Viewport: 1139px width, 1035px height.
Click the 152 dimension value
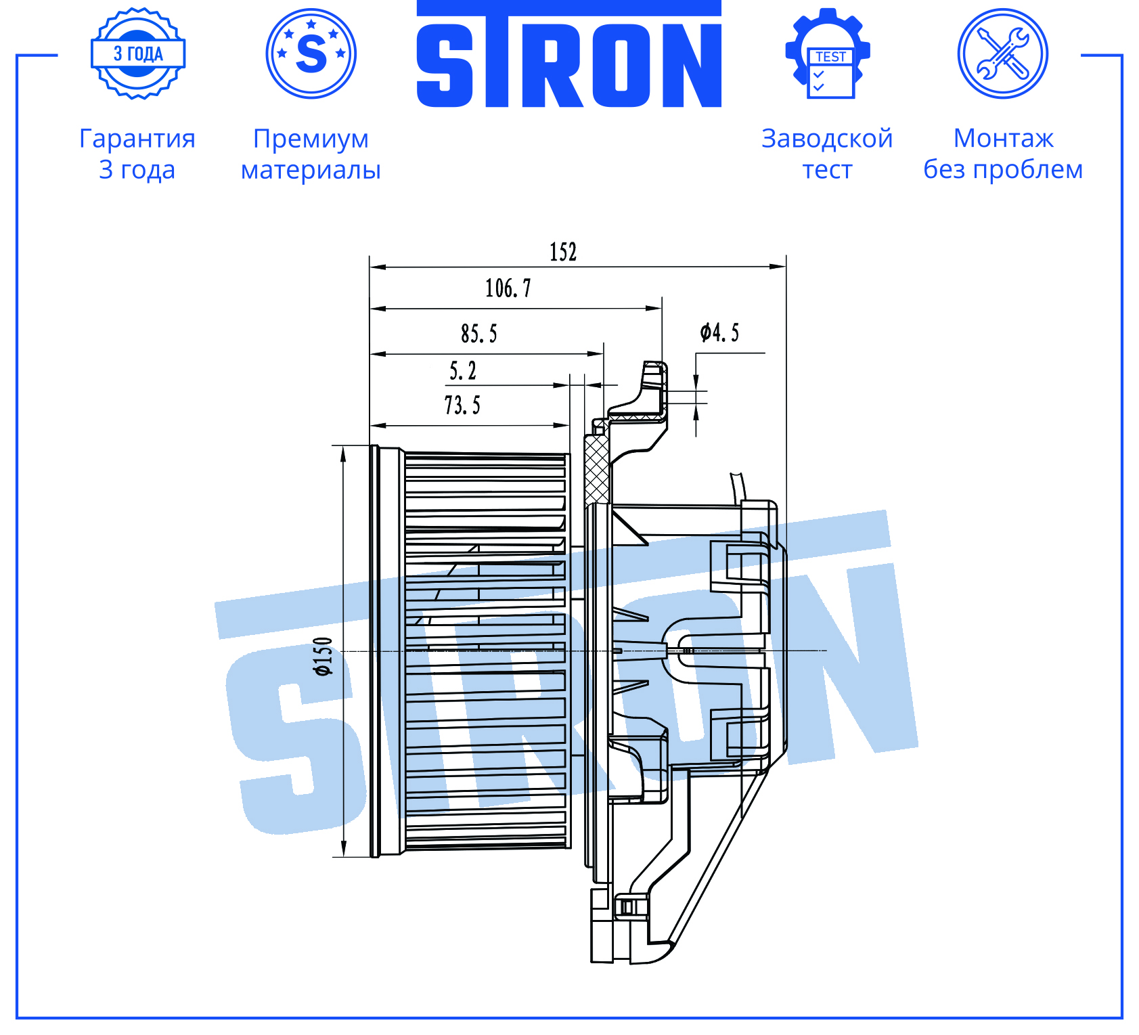click(x=562, y=252)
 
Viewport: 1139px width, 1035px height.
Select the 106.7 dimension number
click(x=508, y=288)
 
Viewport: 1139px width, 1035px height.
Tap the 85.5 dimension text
click(x=478, y=334)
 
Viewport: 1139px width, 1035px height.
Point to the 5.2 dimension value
click(x=463, y=370)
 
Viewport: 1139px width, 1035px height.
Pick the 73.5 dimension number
click(x=462, y=405)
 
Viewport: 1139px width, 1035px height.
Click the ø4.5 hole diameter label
click(x=719, y=332)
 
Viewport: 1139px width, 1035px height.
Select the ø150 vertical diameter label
click(x=323, y=656)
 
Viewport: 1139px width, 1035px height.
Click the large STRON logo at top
click(x=568, y=55)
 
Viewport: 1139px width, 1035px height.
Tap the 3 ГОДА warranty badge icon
click(x=138, y=53)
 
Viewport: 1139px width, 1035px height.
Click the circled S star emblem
click(x=311, y=53)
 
